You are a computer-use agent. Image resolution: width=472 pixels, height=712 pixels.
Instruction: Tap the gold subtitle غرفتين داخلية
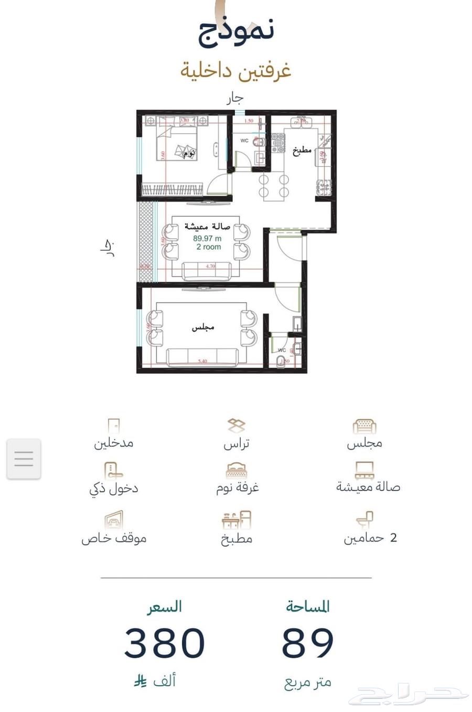point(236,70)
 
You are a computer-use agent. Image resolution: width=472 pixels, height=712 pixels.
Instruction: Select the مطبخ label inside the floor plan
point(302,150)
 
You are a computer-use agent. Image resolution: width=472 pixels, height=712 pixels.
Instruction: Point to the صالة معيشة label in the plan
point(207,227)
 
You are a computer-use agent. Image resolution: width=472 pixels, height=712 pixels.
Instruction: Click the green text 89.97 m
point(207,238)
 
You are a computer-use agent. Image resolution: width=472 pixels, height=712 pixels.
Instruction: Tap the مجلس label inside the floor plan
point(202,327)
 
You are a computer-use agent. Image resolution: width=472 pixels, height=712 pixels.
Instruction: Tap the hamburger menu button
point(24,459)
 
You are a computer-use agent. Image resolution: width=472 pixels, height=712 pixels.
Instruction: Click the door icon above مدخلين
point(113,426)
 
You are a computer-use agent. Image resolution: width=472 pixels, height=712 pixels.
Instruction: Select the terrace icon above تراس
point(236,426)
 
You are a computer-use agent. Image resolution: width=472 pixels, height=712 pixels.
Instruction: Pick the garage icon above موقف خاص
point(113,520)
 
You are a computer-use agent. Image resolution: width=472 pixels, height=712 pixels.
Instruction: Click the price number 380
point(164,643)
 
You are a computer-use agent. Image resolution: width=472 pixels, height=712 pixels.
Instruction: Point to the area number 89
point(308,643)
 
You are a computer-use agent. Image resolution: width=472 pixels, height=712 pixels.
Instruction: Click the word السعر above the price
point(165,607)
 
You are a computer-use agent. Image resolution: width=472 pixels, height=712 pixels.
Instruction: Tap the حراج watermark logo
point(409,696)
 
